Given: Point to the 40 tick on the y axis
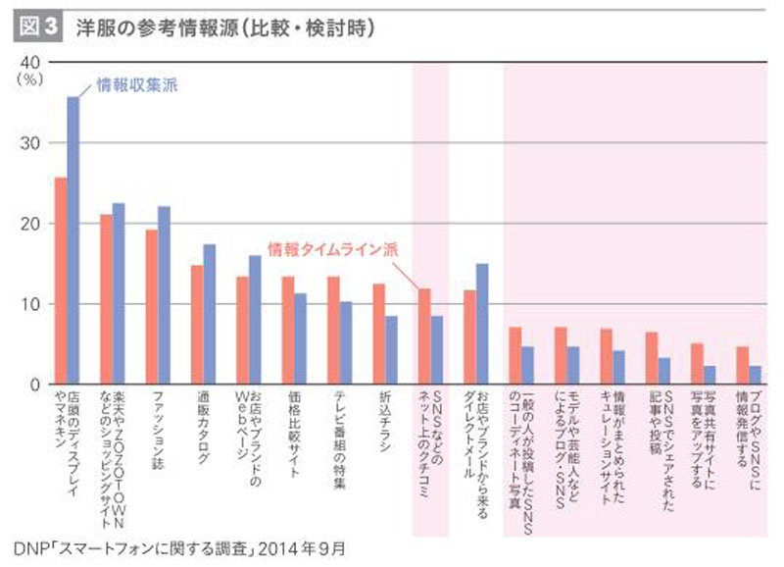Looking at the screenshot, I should [x=30, y=62].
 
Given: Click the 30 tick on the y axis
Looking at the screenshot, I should [x=30, y=143].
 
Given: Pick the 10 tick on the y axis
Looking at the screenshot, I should [x=30, y=304].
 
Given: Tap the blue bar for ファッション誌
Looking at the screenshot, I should [x=165, y=295].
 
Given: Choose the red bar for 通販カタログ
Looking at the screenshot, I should [x=197, y=325].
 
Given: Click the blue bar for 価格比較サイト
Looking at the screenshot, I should [x=301, y=338].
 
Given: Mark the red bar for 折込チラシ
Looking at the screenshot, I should [x=378, y=334].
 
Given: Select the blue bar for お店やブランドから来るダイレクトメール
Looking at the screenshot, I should [x=482, y=324].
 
